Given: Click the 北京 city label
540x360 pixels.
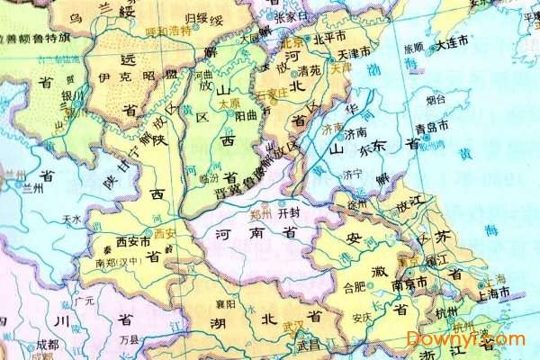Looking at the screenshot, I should coord(290,42).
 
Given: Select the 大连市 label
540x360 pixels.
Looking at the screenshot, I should coord(452,42).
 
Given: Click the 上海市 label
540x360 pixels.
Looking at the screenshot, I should coord(494,293).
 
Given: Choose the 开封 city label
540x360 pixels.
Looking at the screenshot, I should coord(290,214).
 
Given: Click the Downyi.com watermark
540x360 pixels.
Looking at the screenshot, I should coord(464,338).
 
